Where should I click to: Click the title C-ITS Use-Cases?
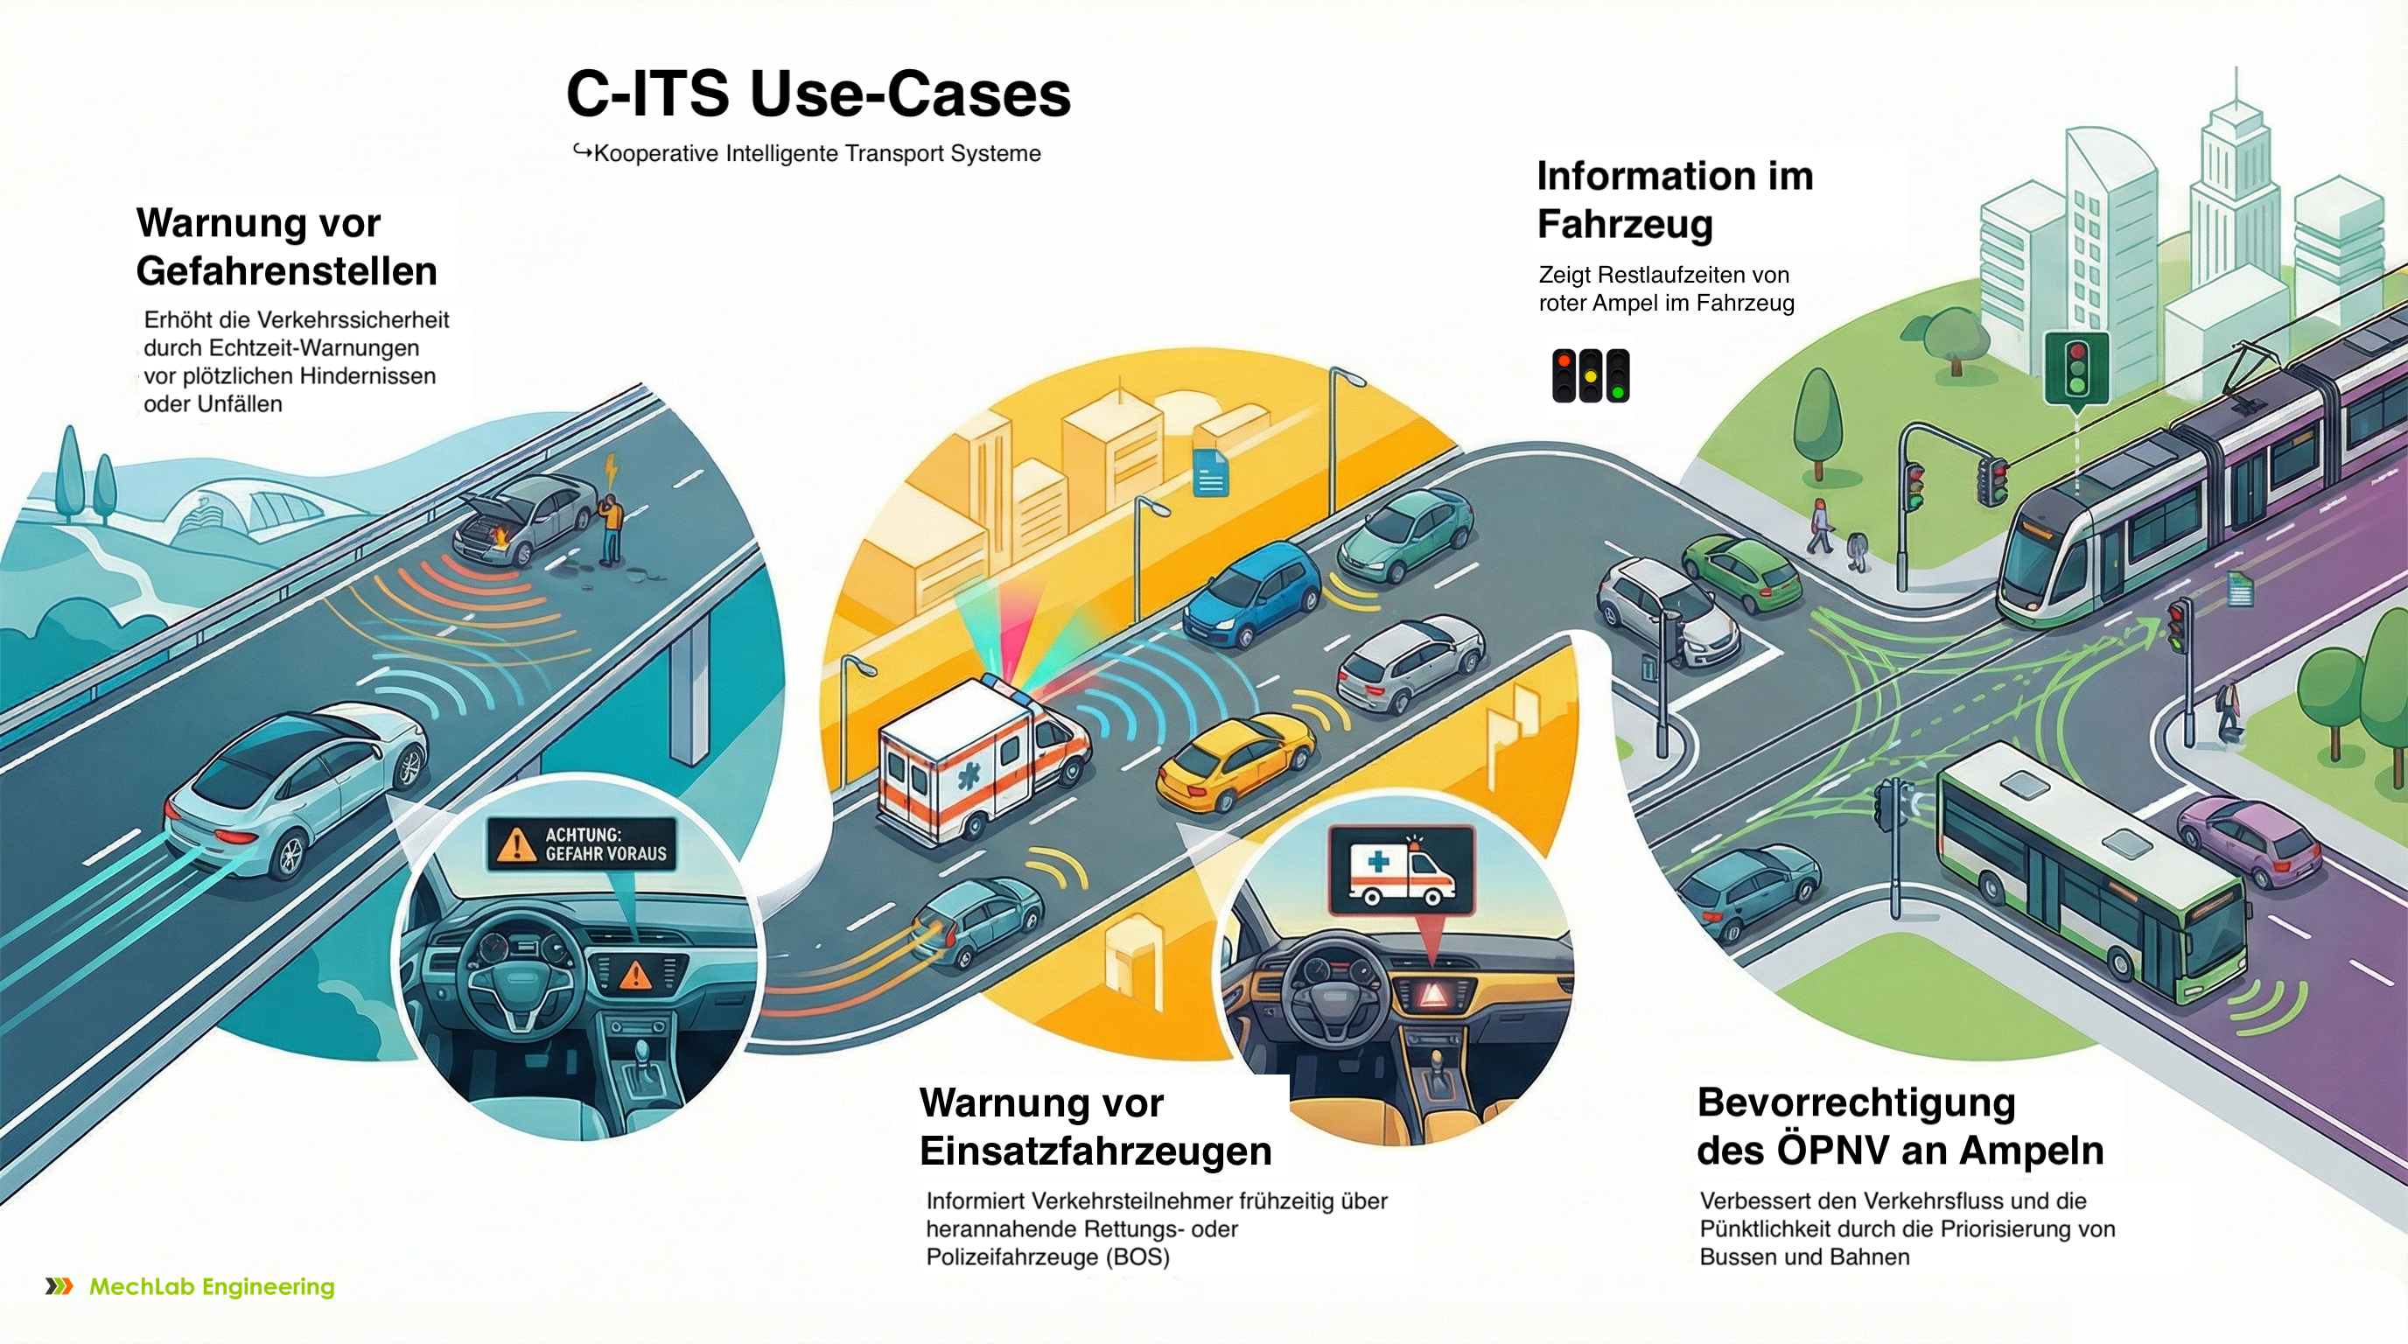point(818,94)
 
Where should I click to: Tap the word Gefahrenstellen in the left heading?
point(286,271)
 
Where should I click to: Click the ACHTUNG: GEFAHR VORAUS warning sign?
point(581,844)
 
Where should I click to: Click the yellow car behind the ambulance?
point(1235,759)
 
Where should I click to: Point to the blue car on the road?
point(1253,593)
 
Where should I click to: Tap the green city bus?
point(2090,874)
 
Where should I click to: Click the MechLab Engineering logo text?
point(211,1287)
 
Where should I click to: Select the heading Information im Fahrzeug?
point(1674,200)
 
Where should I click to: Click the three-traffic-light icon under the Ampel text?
point(1590,375)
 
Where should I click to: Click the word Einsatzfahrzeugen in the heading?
point(1095,1151)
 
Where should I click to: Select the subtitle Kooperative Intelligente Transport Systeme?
point(816,153)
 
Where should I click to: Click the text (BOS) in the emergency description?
point(1137,1257)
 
